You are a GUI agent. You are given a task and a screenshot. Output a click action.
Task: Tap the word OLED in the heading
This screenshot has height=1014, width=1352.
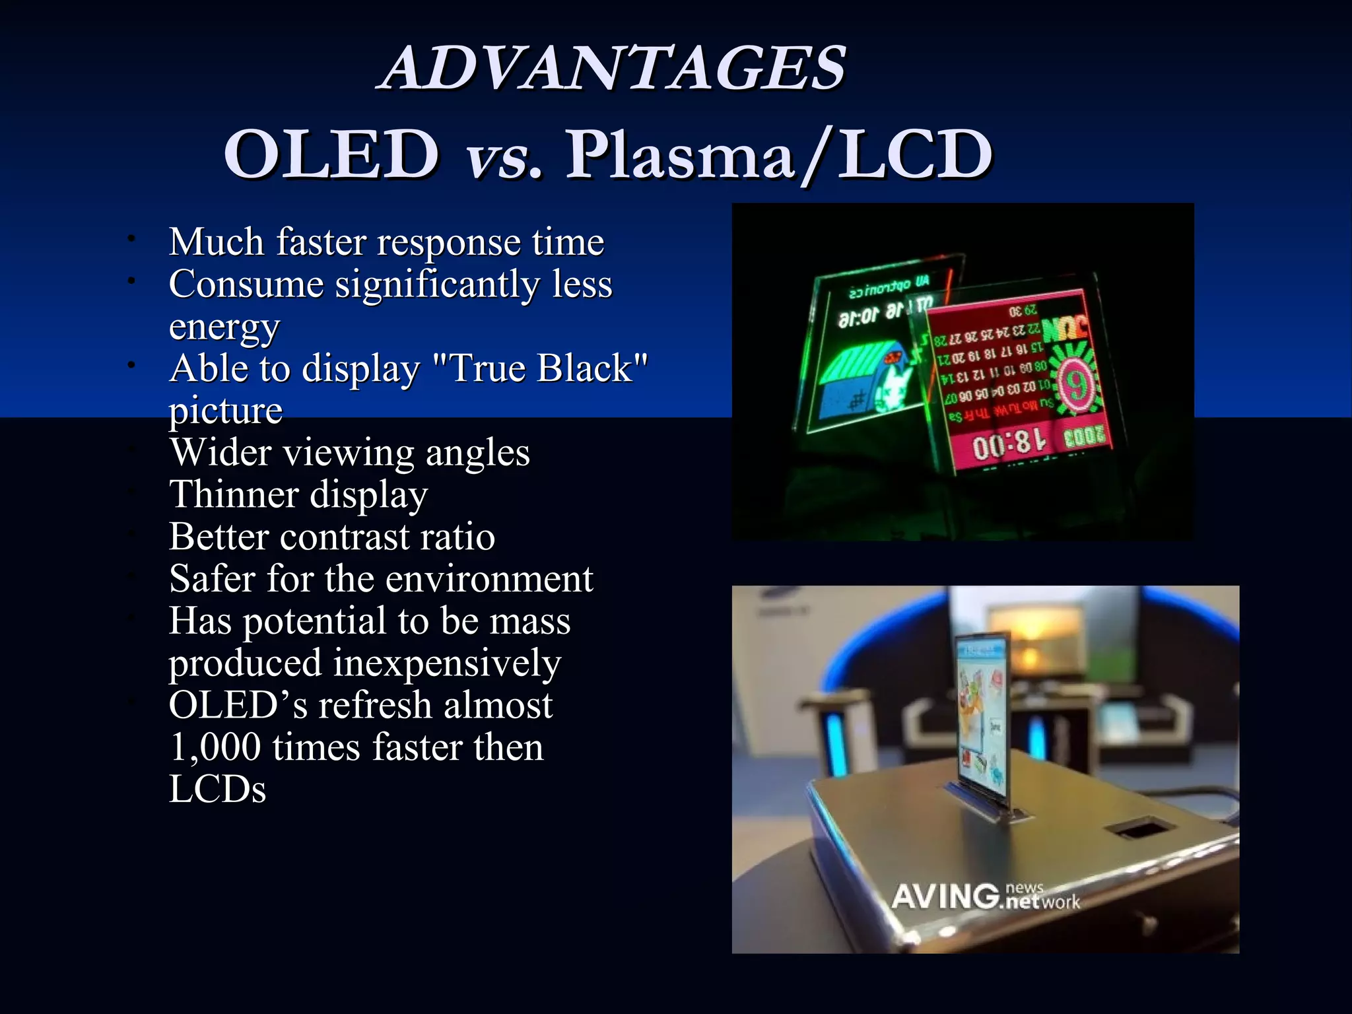coord(331,154)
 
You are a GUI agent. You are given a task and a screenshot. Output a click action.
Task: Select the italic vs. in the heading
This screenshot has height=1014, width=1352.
coord(504,158)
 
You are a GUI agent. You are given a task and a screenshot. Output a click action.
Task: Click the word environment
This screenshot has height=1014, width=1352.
coord(489,579)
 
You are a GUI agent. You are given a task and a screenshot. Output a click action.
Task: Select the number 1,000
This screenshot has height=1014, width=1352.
coord(215,747)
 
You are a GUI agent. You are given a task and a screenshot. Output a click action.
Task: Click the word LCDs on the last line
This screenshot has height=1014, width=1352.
coord(217,790)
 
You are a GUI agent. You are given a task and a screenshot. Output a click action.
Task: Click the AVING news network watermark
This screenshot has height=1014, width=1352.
coord(985,897)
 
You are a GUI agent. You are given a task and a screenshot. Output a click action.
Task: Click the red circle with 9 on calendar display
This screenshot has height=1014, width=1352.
coord(1077,387)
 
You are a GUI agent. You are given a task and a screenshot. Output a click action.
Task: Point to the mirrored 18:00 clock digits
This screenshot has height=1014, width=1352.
coord(1010,447)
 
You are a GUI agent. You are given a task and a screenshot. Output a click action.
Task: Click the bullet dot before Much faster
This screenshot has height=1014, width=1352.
coord(132,238)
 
